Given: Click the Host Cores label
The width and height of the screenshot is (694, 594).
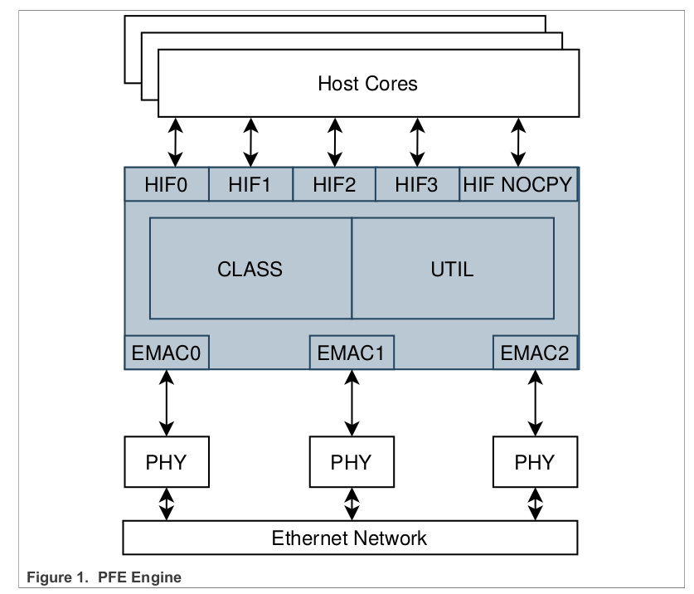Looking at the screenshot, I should pyautogui.click(x=367, y=84).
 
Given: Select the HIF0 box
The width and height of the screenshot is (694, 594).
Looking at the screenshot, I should pyautogui.click(x=166, y=184).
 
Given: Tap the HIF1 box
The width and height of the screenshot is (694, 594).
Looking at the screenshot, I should pyautogui.click(x=250, y=184).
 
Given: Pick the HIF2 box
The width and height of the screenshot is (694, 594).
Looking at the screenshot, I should pyautogui.click(x=334, y=184).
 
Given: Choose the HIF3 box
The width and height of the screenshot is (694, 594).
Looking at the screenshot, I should pyautogui.click(x=417, y=184).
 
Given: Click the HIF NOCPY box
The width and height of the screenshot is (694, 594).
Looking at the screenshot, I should pyautogui.click(x=518, y=184).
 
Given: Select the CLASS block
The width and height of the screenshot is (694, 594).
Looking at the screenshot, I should pyautogui.click(x=250, y=269).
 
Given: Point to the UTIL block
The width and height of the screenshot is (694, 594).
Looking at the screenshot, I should pyautogui.click(x=453, y=269).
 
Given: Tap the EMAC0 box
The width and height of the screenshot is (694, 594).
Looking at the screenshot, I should pyautogui.click(x=166, y=353).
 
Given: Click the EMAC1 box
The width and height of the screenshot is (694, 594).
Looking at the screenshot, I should pyautogui.click(x=351, y=353).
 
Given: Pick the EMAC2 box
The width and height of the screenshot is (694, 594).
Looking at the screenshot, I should pyautogui.click(x=535, y=353).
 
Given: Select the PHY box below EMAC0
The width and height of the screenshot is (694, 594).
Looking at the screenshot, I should pyautogui.click(x=166, y=462).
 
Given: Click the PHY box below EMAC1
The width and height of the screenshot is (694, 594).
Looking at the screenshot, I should pyautogui.click(x=351, y=462).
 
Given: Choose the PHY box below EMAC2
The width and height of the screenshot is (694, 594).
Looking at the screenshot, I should pyautogui.click(x=535, y=462).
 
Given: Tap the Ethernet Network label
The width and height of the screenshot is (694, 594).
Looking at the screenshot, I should pyautogui.click(x=349, y=538).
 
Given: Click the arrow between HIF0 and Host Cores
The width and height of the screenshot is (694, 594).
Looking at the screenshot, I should pyautogui.click(x=175, y=142).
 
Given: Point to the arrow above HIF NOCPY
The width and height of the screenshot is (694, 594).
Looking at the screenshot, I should pyautogui.click(x=518, y=142).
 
